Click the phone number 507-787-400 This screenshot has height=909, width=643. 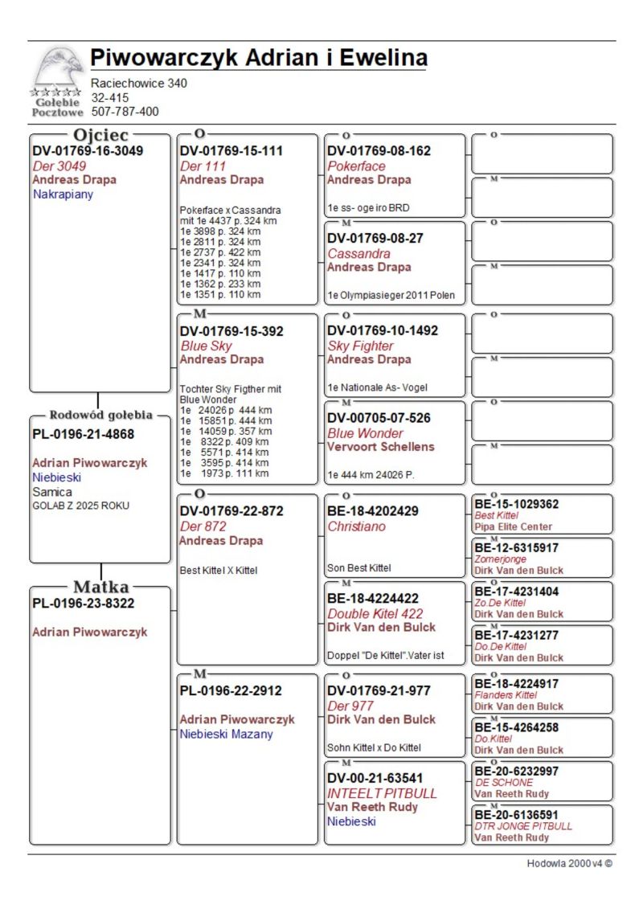click(125, 112)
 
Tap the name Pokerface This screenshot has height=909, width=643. click(356, 166)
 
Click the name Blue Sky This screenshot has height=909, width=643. click(206, 346)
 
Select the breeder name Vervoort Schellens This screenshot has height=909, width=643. click(380, 447)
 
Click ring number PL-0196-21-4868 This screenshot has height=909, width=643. click(83, 434)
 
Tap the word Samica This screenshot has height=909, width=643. click(52, 491)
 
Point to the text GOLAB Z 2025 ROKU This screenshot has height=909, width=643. click(80, 506)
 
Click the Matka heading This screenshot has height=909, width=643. click(100, 587)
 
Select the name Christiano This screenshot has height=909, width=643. click(356, 526)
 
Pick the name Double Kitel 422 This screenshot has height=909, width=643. click(375, 614)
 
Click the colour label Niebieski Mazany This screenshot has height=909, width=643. click(226, 734)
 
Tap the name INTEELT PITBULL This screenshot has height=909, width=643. click(382, 792)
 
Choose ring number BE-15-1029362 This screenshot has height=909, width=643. click(516, 504)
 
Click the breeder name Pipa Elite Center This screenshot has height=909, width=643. click(513, 526)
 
